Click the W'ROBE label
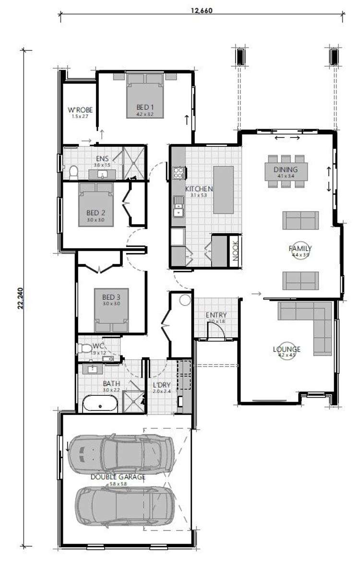[x=80, y=110]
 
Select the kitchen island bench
[x=224, y=190]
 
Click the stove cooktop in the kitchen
[x=179, y=172]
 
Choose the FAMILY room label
[x=300, y=249]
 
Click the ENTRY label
[x=216, y=315]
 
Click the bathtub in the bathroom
[x=99, y=404]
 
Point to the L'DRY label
[x=160, y=385]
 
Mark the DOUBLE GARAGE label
[x=118, y=477]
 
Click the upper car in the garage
[x=120, y=452]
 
